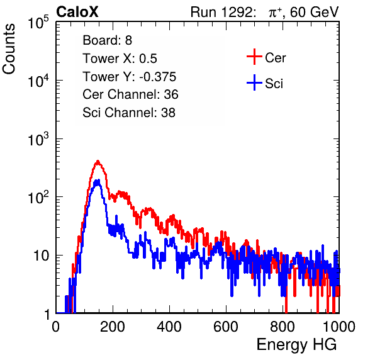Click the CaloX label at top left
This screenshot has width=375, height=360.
(77, 12)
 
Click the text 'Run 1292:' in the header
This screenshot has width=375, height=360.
(221, 12)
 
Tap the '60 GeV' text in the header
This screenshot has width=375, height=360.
(314, 12)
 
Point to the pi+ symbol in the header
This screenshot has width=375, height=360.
(274, 13)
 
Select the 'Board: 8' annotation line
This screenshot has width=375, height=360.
(107, 40)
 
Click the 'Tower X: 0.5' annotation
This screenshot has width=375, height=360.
(120, 59)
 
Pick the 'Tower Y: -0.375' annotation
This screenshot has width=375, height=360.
(130, 77)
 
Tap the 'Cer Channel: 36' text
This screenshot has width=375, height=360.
(130, 94)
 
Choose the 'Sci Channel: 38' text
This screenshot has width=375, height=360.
(129, 113)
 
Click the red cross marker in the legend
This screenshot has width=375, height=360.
(254, 57)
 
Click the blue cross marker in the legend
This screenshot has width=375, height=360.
(254, 82)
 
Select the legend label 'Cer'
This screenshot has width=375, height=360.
(275, 58)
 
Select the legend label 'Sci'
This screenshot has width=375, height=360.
(274, 84)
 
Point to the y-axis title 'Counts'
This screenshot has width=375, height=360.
(9, 48)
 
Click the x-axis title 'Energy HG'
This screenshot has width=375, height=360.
(296, 345)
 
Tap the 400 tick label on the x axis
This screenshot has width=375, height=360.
(169, 327)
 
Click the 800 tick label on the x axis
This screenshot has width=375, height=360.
(283, 327)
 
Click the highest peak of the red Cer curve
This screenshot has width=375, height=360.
(98, 161)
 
